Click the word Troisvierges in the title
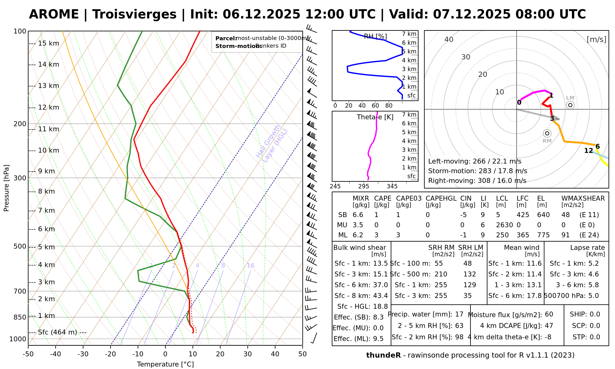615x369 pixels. (x=134, y=14)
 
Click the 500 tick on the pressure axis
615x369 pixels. (x=20, y=246)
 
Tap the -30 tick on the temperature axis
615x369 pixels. (x=83, y=354)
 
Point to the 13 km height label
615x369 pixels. (x=48, y=86)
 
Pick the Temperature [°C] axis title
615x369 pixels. (x=165, y=364)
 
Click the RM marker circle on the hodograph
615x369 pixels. (x=547, y=133)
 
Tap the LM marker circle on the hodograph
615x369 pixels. (x=570, y=105)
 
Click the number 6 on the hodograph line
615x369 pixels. (x=597, y=146)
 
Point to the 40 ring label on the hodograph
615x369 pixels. (x=449, y=39)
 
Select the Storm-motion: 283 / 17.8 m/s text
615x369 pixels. (x=478, y=171)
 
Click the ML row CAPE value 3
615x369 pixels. (x=376, y=235)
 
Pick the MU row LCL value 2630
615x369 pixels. (x=504, y=225)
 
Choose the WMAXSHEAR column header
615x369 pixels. (x=583, y=199)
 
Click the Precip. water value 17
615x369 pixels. (x=459, y=314)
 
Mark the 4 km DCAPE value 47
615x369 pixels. (x=549, y=326)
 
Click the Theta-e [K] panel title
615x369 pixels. (x=375, y=117)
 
